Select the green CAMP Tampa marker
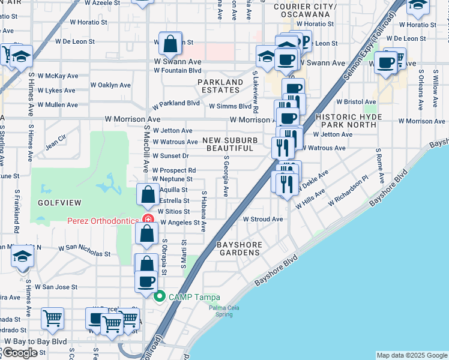160,296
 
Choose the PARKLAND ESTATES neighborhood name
220,86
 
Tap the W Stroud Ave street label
262,219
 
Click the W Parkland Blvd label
175,104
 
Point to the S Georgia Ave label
226,177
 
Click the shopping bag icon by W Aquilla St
148,195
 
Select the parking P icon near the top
304,41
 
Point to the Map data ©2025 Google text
411,355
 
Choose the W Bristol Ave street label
359,103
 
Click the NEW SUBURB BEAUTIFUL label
228,144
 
